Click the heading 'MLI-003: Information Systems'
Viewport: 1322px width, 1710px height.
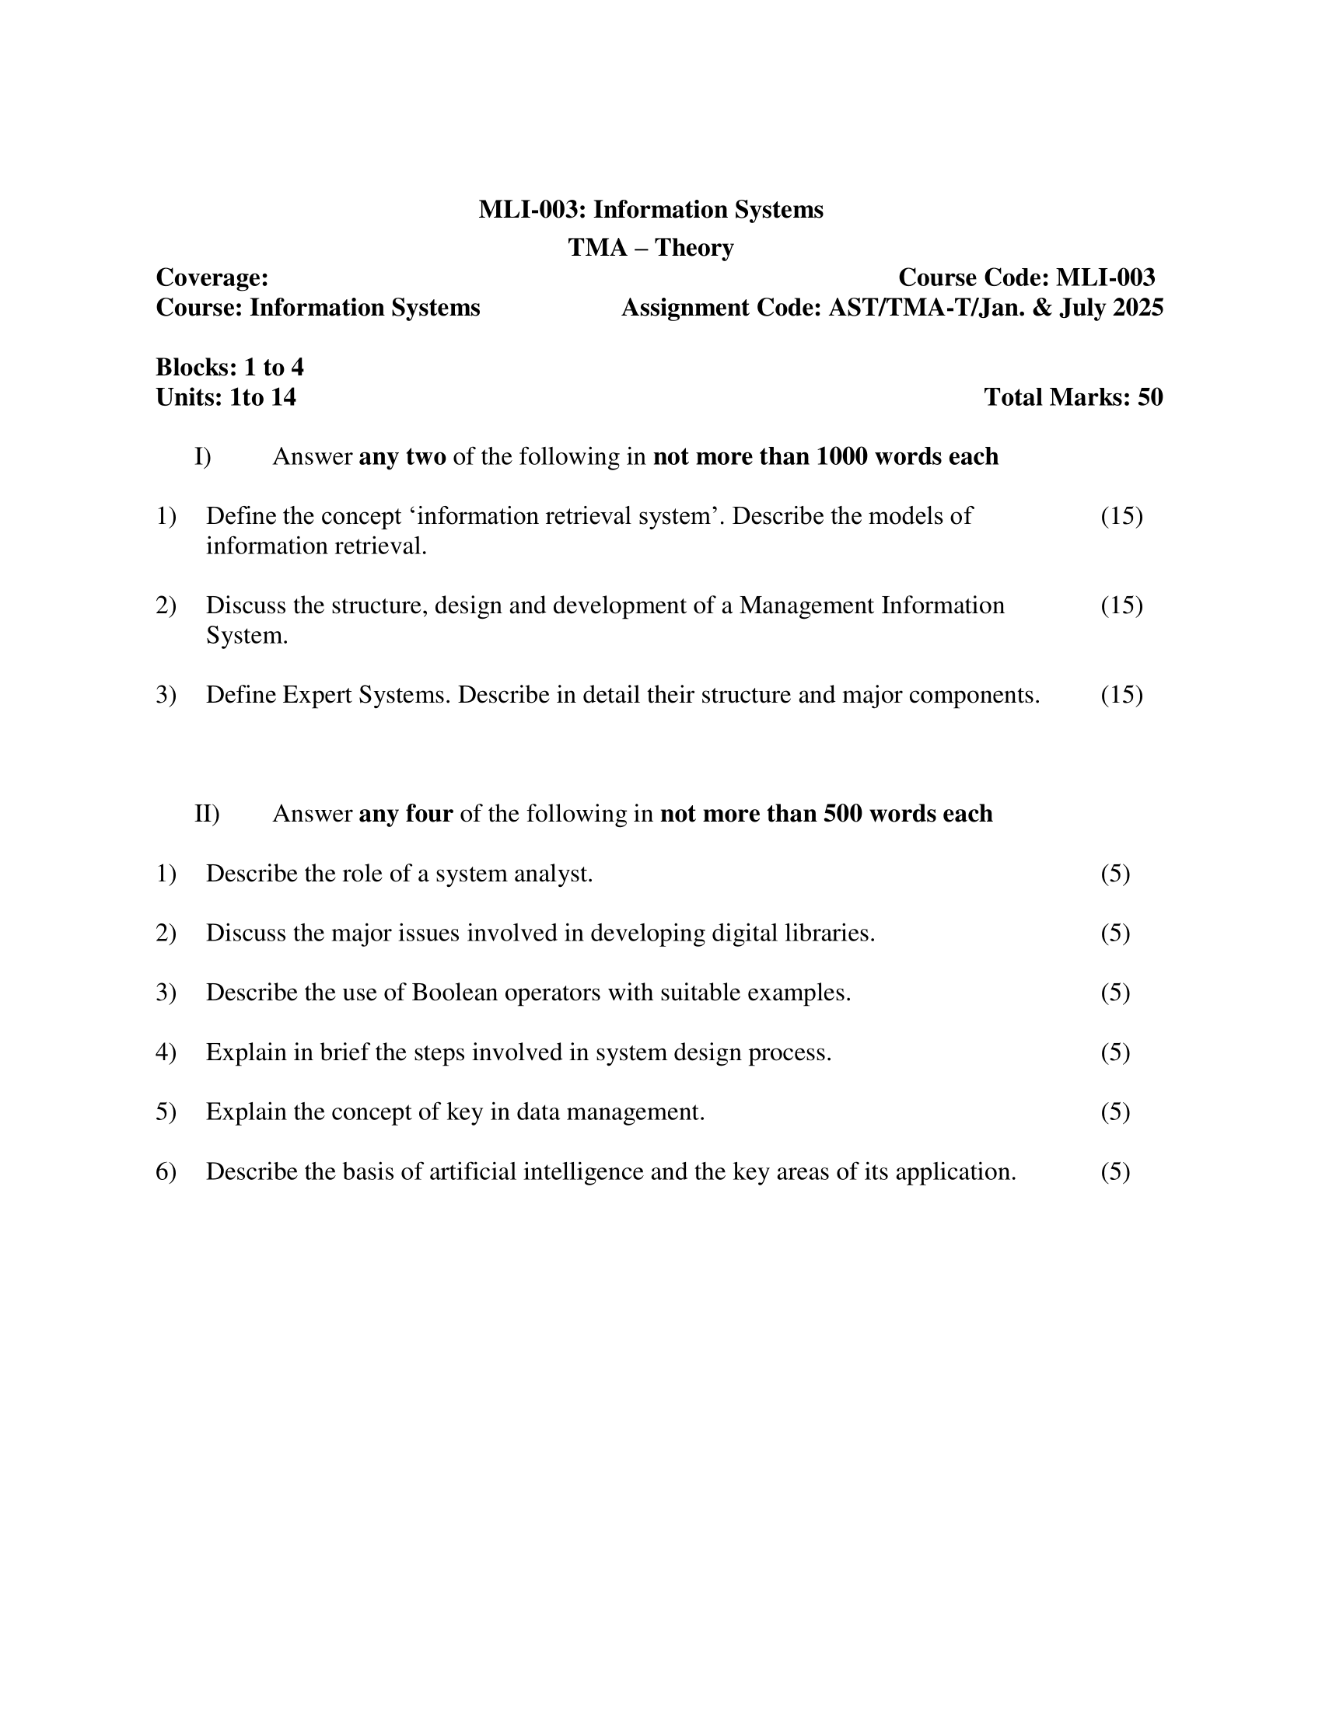click(x=651, y=210)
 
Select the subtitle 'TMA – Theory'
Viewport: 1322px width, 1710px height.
click(x=651, y=247)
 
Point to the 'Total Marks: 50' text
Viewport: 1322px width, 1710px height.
click(x=1073, y=398)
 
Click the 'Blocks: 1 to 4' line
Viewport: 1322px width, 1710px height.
click(x=229, y=367)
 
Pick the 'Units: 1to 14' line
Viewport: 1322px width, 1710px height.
click(x=226, y=398)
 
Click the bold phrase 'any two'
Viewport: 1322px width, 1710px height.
click(x=402, y=456)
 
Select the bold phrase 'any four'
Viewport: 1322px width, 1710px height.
click(x=406, y=815)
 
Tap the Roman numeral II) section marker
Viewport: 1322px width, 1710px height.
click(x=207, y=815)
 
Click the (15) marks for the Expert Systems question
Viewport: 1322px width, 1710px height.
click(x=1121, y=696)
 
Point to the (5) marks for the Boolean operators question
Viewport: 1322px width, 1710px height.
click(x=1115, y=993)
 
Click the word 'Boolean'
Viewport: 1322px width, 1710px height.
click(x=455, y=993)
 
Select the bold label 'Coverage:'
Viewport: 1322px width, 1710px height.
click(x=212, y=278)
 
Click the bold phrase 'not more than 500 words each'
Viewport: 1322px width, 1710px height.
click(x=826, y=815)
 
